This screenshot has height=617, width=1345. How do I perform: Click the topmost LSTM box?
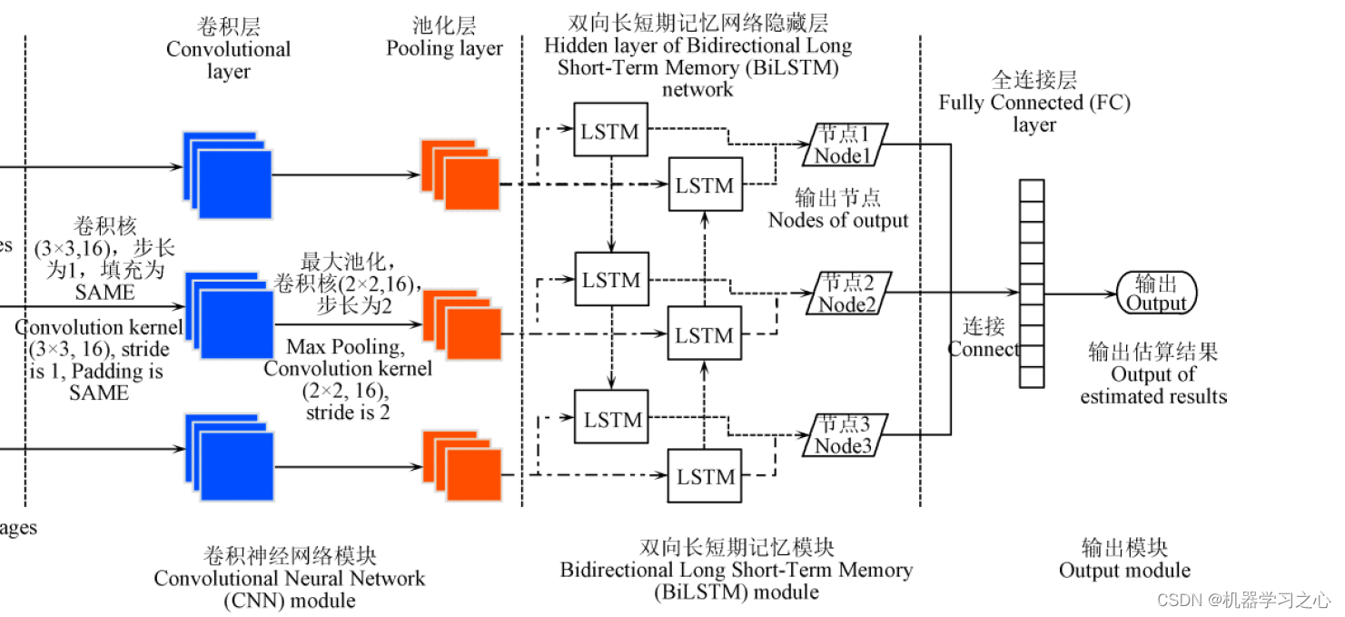click(x=611, y=131)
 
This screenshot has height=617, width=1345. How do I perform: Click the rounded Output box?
click(x=1156, y=294)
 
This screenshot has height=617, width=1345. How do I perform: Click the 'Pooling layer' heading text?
click(x=444, y=49)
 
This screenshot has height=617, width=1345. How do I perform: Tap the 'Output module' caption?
click(x=1124, y=571)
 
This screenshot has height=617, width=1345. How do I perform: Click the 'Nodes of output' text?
click(x=838, y=221)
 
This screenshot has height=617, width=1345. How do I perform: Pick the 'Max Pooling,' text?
click(x=343, y=347)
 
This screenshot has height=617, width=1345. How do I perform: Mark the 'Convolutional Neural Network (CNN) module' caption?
click(x=290, y=579)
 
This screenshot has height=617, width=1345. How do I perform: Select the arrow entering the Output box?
click(x=1081, y=294)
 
